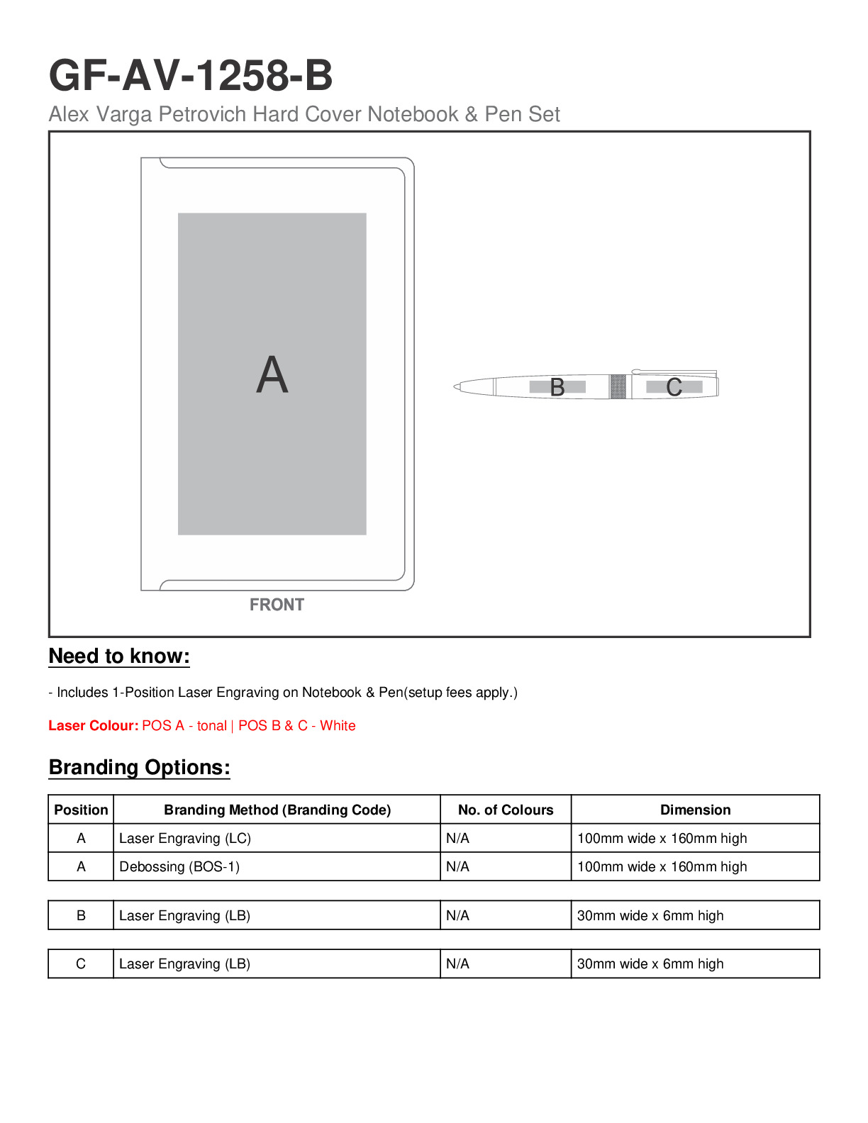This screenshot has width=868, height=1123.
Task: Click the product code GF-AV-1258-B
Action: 190,75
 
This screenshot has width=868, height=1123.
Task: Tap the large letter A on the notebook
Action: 272,375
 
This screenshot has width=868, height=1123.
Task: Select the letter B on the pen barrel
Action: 557,387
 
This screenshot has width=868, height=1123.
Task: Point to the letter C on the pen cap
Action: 674,387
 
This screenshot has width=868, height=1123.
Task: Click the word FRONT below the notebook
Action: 277,605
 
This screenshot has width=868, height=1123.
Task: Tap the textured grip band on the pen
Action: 618,386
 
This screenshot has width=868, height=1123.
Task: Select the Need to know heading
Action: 119,656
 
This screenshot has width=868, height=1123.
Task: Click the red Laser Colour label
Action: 93,725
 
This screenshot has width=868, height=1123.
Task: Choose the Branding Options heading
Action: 139,767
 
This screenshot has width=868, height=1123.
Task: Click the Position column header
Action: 81,810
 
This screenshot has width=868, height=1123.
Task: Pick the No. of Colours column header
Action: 506,810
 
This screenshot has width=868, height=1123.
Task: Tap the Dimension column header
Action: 695,810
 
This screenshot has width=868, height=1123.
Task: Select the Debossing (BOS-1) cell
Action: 179,866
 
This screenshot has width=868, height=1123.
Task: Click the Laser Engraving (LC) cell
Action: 185,838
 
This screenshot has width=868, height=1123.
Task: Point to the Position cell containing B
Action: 81,915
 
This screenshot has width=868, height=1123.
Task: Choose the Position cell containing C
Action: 81,963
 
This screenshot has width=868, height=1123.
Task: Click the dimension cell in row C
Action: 650,963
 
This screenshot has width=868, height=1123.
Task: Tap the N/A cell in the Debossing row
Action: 458,866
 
